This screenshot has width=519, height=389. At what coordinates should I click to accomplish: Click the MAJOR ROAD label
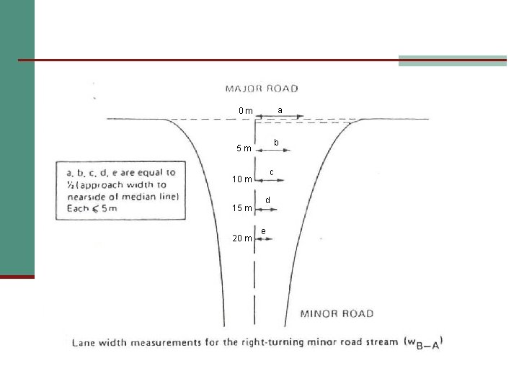click(x=262, y=89)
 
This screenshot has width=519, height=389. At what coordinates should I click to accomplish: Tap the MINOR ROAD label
click(x=337, y=313)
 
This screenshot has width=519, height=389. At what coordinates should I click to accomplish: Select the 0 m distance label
click(x=246, y=111)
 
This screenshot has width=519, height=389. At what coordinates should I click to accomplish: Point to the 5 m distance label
click(x=244, y=149)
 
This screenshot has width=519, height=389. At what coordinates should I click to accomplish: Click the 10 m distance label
click(x=241, y=179)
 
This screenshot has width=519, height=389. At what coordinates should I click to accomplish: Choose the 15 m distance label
click(x=241, y=209)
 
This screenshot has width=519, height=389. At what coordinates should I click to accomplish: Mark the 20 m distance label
click(x=241, y=238)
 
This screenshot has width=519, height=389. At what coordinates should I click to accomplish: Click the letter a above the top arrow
click(x=280, y=109)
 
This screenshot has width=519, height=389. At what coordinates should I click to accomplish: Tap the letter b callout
click(x=276, y=143)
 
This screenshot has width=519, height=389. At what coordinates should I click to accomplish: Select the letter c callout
click(x=271, y=172)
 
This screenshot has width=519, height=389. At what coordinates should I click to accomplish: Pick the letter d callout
click(x=267, y=200)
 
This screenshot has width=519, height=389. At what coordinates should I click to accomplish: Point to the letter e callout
click(x=263, y=231)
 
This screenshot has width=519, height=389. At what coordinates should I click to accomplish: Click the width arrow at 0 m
click(x=280, y=117)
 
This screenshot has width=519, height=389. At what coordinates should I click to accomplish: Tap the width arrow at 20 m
click(x=263, y=238)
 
